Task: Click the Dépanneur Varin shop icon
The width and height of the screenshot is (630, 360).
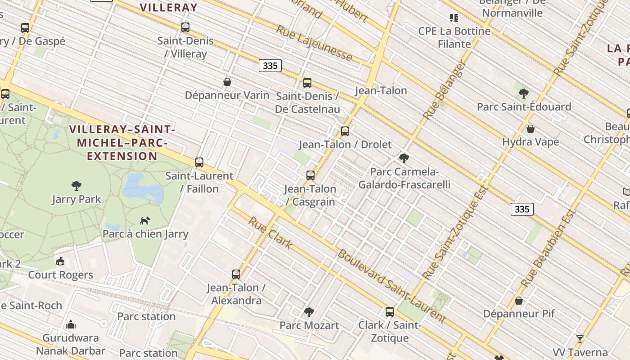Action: (x=227, y=82)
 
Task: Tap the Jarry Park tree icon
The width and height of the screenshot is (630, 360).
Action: (x=76, y=185)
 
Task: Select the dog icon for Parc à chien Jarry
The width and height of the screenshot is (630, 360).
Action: (x=145, y=220)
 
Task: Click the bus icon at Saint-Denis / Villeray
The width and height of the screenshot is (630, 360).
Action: (x=185, y=27)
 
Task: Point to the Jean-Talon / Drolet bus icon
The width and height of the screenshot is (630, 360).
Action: (x=345, y=131)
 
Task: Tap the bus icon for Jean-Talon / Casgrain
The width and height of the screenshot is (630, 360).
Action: (x=310, y=175)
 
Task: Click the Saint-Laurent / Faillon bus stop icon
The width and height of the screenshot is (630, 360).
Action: (x=199, y=162)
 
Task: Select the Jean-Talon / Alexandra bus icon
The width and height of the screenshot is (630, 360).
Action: (x=236, y=274)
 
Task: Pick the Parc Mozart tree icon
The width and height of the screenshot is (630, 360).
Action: (x=309, y=312)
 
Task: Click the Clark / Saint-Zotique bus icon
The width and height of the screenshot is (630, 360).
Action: (x=390, y=311)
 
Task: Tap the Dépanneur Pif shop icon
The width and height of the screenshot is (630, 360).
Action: (x=519, y=300)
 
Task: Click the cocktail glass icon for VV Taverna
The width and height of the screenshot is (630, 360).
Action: (x=580, y=339)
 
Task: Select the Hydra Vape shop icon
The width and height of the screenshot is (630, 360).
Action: (x=531, y=129)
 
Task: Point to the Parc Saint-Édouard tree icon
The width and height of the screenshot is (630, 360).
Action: (x=523, y=94)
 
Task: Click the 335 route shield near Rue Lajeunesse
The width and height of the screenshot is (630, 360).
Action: (x=270, y=66)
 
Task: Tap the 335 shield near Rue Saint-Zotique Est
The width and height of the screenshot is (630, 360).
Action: (x=522, y=209)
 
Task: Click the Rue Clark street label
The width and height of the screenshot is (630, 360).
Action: (x=270, y=233)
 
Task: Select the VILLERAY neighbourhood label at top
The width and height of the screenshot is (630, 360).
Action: (x=168, y=7)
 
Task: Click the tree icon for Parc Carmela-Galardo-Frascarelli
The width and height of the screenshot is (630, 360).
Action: (x=404, y=158)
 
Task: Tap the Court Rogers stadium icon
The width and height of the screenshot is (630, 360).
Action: (x=60, y=261)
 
